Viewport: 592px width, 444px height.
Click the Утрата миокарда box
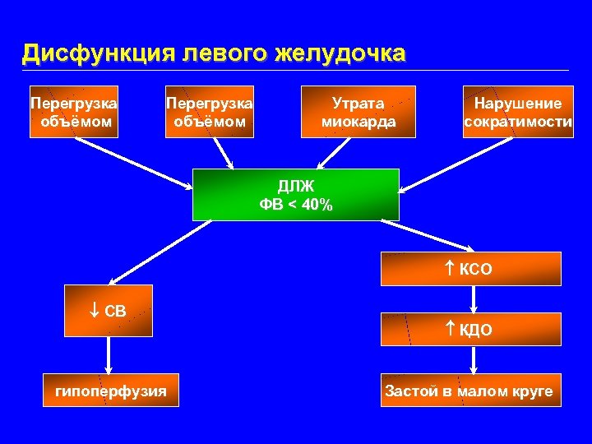358,112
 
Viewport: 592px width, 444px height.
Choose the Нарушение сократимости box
518,112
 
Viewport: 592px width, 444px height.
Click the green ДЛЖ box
295,195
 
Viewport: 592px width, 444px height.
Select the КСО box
470,269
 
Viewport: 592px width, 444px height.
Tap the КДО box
470,330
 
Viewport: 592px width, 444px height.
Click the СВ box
109,311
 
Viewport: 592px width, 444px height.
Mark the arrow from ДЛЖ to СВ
152,252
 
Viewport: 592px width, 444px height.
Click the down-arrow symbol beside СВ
94,311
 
